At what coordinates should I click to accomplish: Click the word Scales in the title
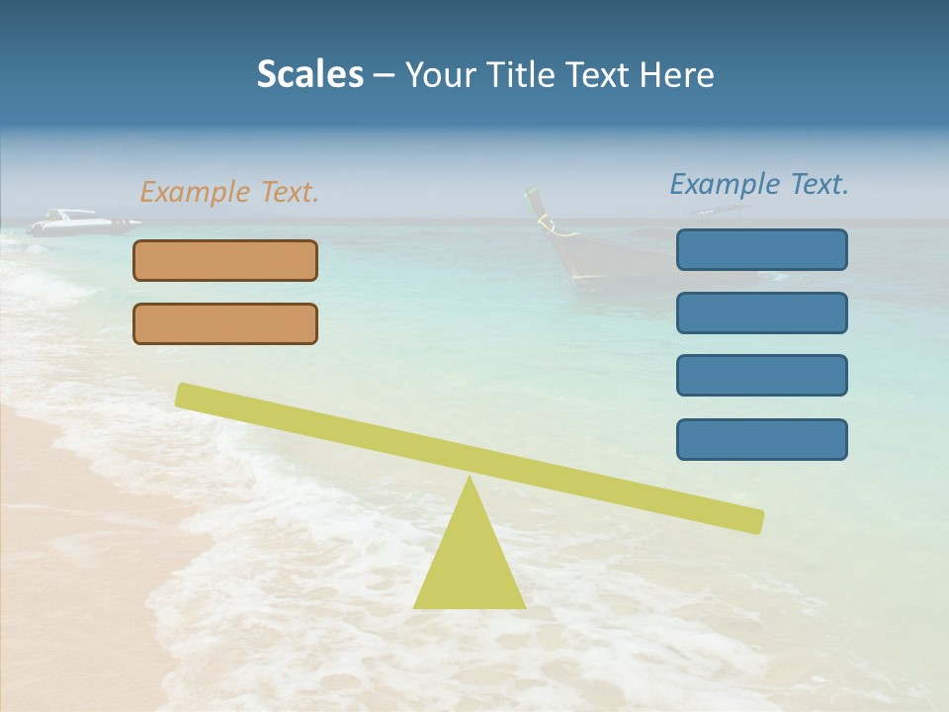coord(309,75)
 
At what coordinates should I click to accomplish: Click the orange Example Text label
coord(229,192)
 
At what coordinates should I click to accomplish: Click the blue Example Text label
coord(759,184)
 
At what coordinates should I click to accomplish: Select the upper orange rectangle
coord(225,260)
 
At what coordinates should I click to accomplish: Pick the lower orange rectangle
coord(225,323)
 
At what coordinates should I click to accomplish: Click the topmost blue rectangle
coord(761,249)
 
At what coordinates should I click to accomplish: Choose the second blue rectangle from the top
coord(761,312)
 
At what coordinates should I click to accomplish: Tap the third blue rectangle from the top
coord(761,375)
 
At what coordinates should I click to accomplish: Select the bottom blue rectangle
coord(761,439)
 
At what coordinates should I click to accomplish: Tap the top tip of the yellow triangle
coord(470,480)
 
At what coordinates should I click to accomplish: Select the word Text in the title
coord(599,75)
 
